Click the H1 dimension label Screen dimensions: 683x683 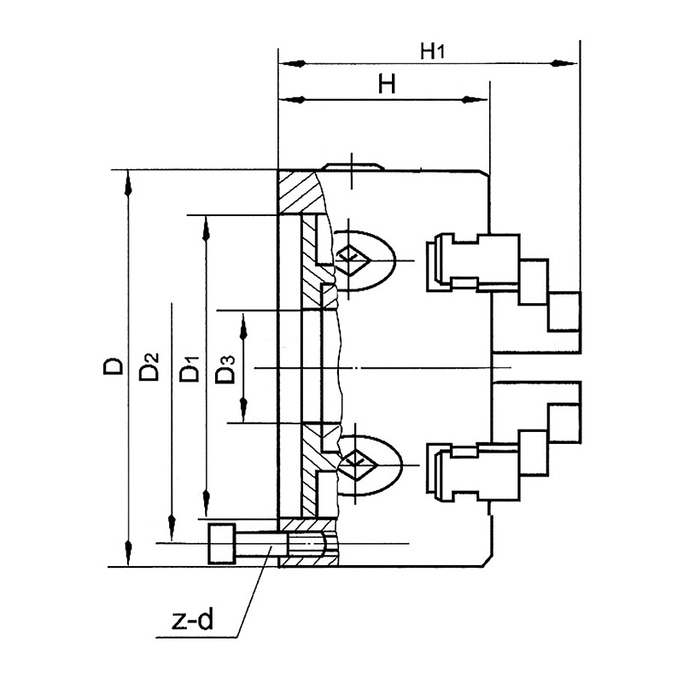coord(432,51)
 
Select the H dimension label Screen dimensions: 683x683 coord(387,84)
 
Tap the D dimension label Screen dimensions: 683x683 coord(114,366)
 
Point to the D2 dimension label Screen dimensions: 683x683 coord(149,367)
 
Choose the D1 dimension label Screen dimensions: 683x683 coord(190,369)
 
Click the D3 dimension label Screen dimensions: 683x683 coord(225,370)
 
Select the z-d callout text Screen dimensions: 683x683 coord(193,620)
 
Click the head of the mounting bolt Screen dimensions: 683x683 coord(222,544)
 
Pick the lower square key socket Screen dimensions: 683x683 coord(357,464)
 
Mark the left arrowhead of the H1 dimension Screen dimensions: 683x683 coord(293,63)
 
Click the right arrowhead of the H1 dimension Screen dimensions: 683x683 coord(563,63)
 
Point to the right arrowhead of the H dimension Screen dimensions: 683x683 coord(474,100)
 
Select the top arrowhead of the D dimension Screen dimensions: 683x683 coord(128,184)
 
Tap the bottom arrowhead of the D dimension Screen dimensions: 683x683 coord(128,552)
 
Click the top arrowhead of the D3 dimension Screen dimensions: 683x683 coord(243,327)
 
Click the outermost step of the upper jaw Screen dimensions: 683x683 coord(564,312)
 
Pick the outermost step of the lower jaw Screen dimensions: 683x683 coord(564,423)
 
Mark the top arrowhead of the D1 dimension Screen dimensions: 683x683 coord(207,229)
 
